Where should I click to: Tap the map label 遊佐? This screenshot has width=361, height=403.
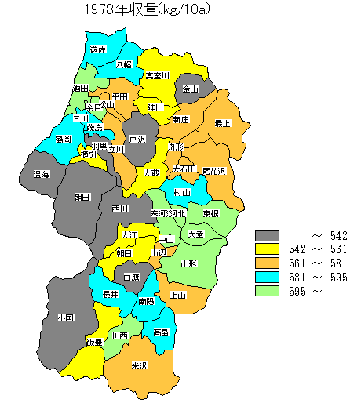click(98, 49)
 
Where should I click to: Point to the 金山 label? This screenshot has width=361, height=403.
click(191, 89)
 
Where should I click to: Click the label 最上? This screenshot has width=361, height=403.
click(223, 123)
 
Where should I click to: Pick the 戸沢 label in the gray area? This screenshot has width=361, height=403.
click(138, 139)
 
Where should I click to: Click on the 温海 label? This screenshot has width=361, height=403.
click(42, 174)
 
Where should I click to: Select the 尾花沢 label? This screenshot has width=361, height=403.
click(213, 170)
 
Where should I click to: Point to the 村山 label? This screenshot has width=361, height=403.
click(182, 192)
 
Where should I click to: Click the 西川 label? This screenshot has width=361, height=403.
click(120, 209)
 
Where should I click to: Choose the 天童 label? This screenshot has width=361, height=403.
click(195, 234)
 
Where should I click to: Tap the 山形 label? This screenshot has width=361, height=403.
click(188, 264)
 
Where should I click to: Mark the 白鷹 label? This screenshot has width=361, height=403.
click(130, 277)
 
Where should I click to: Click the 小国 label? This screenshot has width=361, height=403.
click(65, 318)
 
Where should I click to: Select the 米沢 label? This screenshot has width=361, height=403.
click(140, 366)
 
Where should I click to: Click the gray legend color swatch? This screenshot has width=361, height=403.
click(268, 235)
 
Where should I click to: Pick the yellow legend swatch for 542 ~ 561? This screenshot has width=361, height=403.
click(268, 249)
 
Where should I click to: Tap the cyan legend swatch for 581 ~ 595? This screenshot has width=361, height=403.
click(268, 278)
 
